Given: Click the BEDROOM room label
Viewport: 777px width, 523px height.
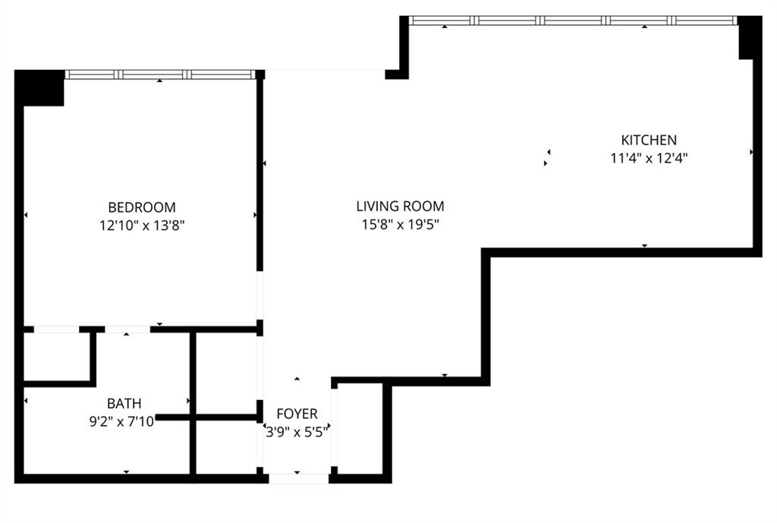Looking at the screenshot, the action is [142, 206].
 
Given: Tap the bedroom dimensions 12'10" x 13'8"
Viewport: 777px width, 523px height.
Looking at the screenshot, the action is [142, 225].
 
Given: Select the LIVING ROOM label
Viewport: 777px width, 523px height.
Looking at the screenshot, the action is [401, 206].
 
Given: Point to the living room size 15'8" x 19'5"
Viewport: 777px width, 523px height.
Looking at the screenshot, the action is [401, 225].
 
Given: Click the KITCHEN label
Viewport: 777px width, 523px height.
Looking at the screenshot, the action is [649, 140].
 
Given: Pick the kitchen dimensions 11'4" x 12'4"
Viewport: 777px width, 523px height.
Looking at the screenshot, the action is [649, 158].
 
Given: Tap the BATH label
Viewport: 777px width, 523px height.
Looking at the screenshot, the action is [124, 403].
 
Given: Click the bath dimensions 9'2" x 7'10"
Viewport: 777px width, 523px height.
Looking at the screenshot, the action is [122, 422].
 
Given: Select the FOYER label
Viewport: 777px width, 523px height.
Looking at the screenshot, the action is [297, 414].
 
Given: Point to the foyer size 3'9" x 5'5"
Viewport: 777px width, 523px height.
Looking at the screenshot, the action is [297, 432].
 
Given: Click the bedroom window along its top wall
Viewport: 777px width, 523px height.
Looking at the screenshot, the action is [159, 74].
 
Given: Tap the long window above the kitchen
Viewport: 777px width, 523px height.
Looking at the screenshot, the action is [574, 20].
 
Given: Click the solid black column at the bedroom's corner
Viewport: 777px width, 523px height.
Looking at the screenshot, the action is [39, 88].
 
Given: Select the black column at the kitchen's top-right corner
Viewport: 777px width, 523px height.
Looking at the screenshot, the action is [750, 37].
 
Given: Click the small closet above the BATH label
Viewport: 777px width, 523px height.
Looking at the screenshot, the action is [56, 357].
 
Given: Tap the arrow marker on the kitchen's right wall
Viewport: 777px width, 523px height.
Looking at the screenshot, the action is [751, 152].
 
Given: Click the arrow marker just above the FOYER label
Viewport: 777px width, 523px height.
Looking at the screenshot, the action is [297, 379].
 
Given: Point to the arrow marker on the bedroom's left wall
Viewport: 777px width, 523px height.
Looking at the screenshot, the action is [26, 215].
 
